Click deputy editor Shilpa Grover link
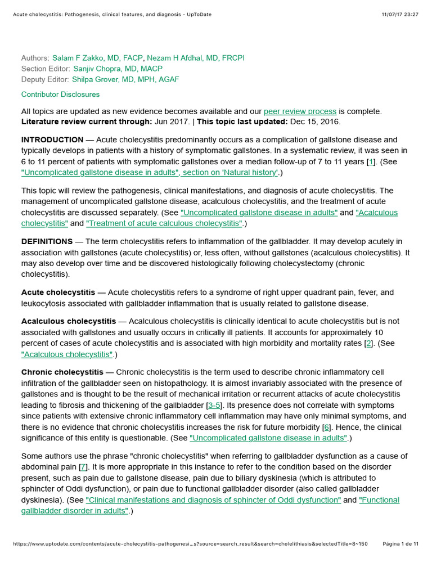[x=125, y=79]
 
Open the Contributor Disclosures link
[x=60, y=94]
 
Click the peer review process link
[x=300, y=111]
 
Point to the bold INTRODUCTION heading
[x=52, y=139]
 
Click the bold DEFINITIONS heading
[x=47, y=242]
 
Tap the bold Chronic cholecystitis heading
[x=62, y=372]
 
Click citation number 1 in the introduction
[x=371, y=162]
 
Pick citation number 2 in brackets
[x=369, y=343]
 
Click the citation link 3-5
[x=214, y=405]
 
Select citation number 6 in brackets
[x=326, y=427]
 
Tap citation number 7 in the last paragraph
[x=83, y=467]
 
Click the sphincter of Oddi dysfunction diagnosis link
[x=213, y=500]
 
